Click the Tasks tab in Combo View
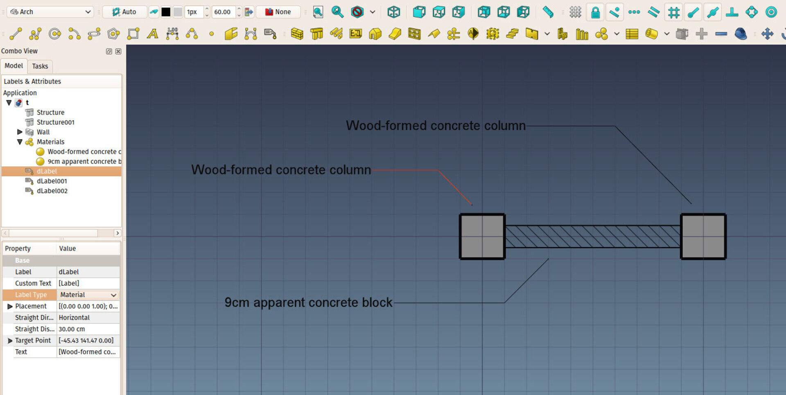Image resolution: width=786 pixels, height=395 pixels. [40, 66]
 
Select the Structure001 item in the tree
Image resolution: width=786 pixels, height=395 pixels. [55, 122]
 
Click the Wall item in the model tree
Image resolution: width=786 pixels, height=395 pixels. [43, 132]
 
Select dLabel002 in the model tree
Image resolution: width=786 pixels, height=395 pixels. [52, 191]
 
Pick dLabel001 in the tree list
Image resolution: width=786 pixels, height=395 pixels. [52, 181]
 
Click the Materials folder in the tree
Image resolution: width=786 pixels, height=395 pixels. [50, 142]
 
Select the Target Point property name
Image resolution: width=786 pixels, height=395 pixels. [33, 341]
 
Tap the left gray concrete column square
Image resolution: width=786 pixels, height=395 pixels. [482, 237]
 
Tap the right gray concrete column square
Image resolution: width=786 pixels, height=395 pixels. [703, 237]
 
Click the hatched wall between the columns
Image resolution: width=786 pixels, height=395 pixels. [593, 237]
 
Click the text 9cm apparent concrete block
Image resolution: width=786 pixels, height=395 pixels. [308, 302]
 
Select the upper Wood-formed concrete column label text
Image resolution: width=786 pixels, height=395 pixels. [436, 125]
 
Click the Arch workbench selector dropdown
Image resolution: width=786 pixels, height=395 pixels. [50, 12]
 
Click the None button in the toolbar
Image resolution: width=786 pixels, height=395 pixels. [278, 12]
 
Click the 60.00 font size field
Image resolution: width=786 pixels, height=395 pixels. [224, 12]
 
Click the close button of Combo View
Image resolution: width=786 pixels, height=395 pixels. [118, 51]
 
